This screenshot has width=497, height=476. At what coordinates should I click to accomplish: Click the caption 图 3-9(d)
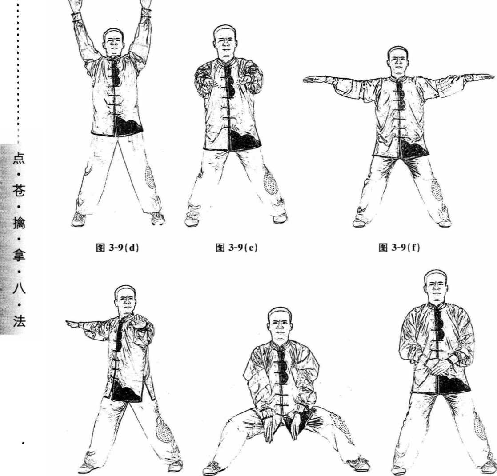pyautogui.click(x=117, y=248)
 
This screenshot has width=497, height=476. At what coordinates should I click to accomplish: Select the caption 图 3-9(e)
pyautogui.click(x=236, y=248)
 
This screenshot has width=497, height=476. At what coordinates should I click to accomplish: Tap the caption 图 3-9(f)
pyautogui.click(x=399, y=247)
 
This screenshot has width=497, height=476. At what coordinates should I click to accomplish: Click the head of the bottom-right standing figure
pyautogui.click(x=436, y=287)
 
